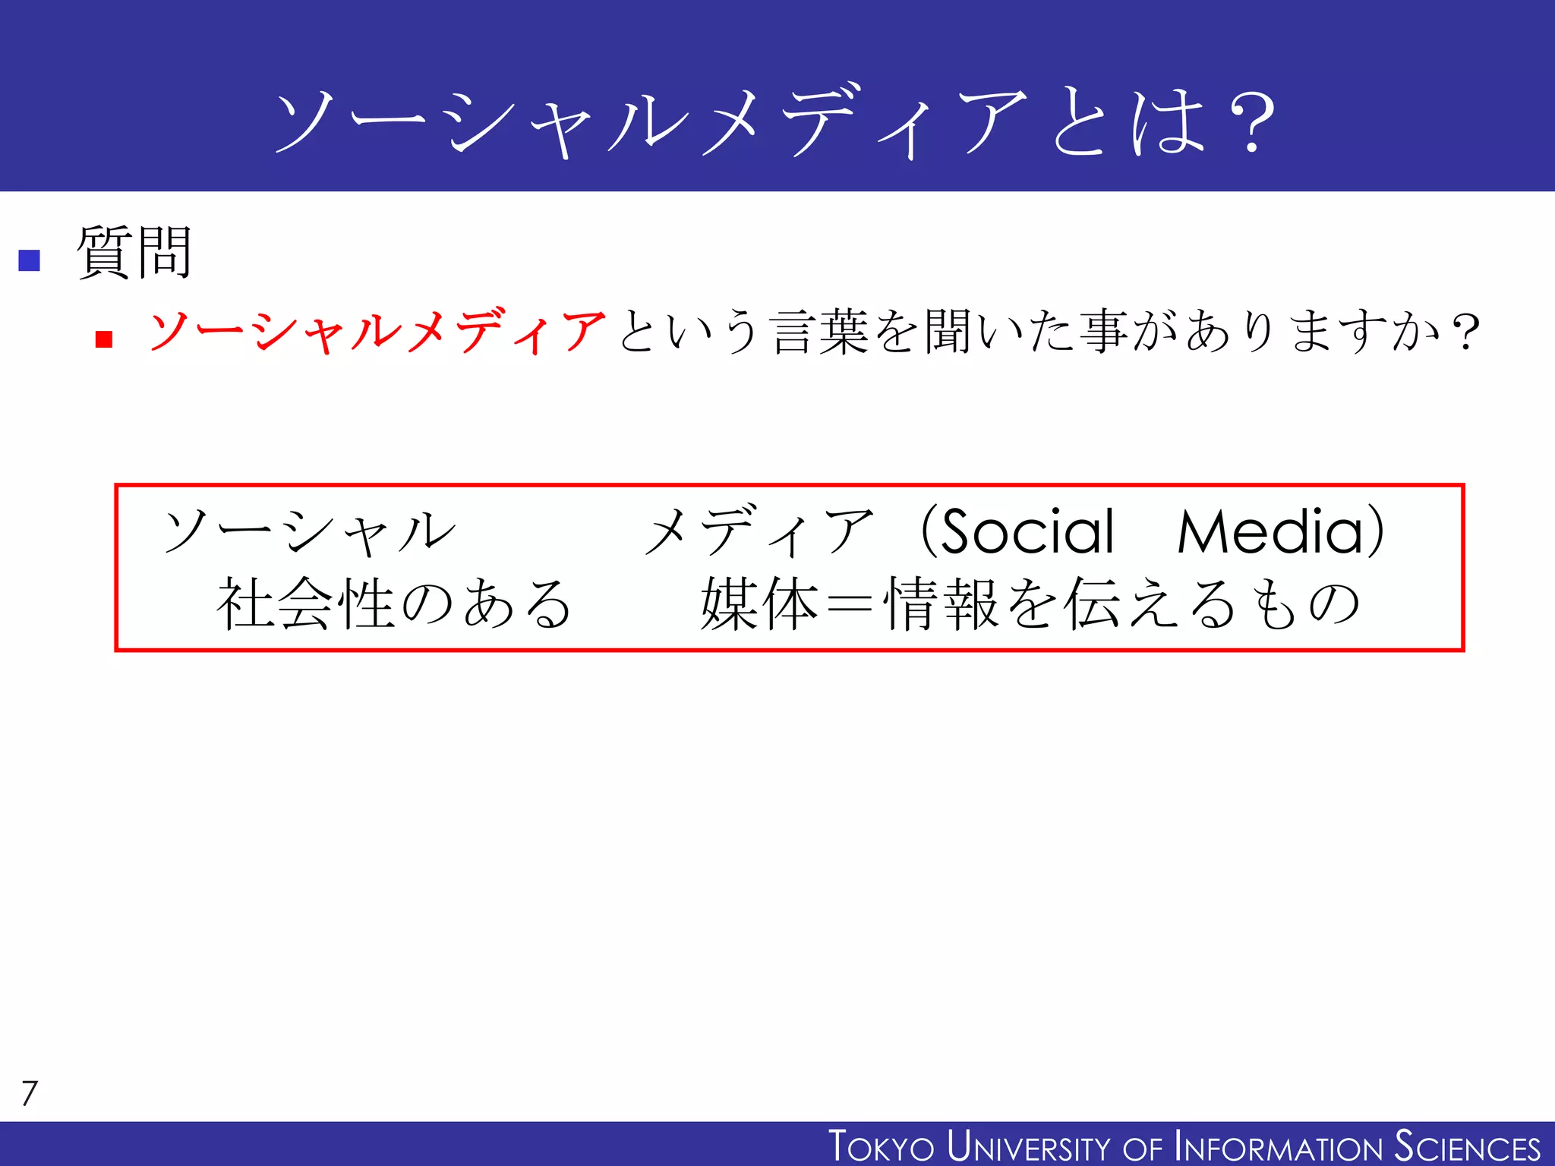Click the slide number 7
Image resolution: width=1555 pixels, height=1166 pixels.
point(30,1093)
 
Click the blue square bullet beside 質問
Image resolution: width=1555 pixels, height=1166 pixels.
point(29,260)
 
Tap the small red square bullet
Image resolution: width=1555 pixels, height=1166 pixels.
point(104,339)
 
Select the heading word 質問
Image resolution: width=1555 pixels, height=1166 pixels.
point(134,253)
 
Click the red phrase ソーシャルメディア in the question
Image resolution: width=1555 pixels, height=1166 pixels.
point(377,332)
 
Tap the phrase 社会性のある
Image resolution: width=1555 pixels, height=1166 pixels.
point(394,603)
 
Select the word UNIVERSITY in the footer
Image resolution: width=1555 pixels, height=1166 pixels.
point(1029,1146)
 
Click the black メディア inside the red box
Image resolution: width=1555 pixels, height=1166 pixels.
point(759,531)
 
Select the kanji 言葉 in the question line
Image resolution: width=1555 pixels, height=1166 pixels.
point(820,332)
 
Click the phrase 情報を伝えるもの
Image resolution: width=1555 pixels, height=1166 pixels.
point(1122,603)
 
